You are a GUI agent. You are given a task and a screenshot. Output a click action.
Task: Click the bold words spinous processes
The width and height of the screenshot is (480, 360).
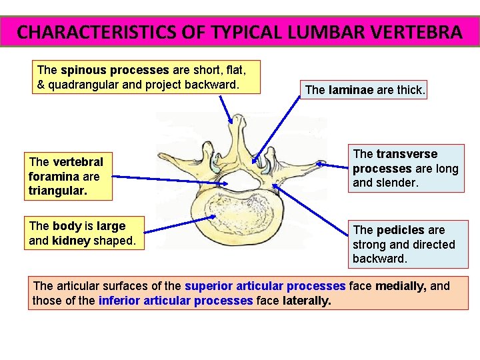tap(115, 70)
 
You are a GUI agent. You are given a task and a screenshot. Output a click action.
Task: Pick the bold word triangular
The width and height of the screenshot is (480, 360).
tap(57, 190)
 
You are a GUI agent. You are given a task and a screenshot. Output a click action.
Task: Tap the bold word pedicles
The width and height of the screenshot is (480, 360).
tap(400, 230)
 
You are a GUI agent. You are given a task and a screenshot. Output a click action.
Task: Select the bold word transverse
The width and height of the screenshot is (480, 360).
tap(407, 154)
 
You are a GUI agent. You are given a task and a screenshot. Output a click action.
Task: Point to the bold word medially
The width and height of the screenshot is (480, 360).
tap(401, 286)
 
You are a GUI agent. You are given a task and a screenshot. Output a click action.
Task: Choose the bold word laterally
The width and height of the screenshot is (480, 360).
tap(307, 301)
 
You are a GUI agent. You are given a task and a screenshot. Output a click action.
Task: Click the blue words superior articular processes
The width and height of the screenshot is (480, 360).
tap(265, 286)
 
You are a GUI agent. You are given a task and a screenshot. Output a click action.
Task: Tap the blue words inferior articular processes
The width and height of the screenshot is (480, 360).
tap(175, 301)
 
